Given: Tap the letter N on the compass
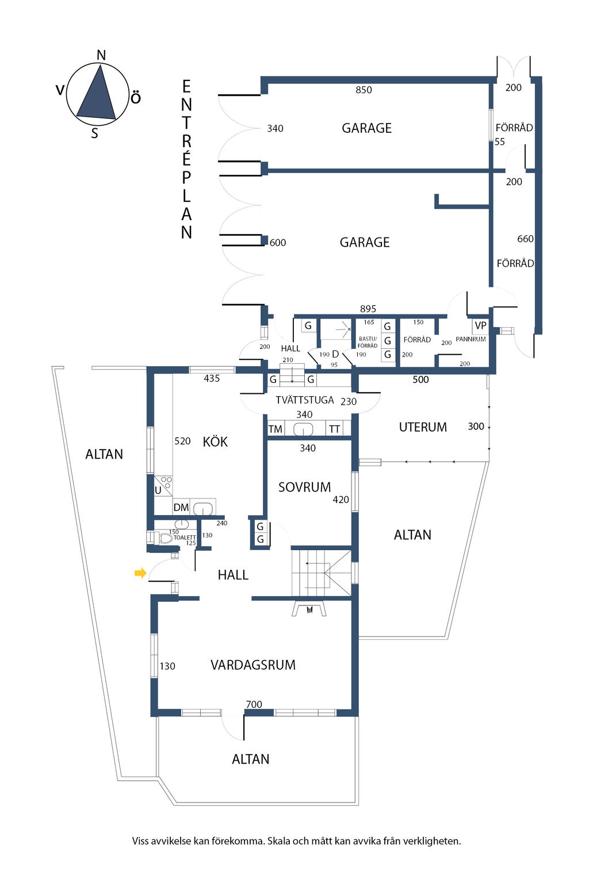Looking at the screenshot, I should click(x=101, y=55).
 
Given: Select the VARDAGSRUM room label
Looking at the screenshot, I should click(x=253, y=665).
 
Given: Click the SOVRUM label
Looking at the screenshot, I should click(x=304, y=487).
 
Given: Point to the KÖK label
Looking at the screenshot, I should click(x=215, y=442).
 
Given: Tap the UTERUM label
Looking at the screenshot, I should click(x=423, y=427).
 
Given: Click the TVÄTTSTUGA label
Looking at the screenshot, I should click(x=304, y=400).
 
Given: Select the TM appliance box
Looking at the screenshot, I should click(x=276, y=429).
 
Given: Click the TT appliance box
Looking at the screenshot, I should click(x=334, y=429).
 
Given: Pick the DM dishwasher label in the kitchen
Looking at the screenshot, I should click(x=181, y=508).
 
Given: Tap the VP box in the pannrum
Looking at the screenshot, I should click(x=480, y=326).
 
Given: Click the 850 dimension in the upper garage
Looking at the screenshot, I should click(x=364, y=90).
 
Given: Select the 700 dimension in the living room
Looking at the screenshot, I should click(x=254, y=704).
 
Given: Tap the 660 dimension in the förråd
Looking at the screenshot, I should click(x=525, y=239).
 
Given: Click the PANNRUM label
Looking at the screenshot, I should click(x=471, y=340).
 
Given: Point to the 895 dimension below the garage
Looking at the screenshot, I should click(x=368, y=309).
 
